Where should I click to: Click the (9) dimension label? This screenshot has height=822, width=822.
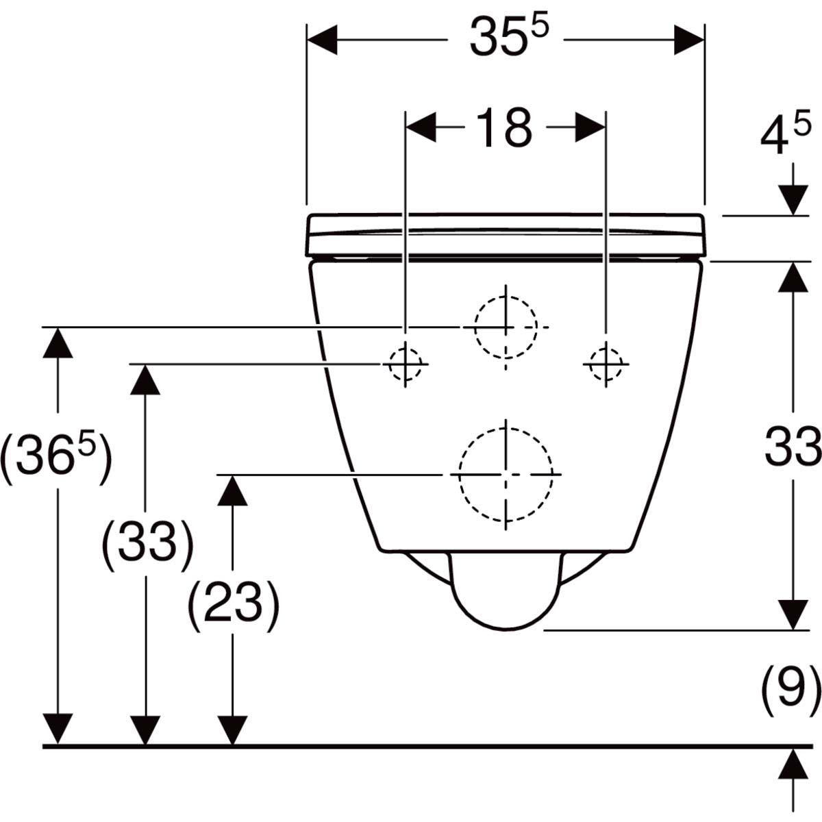(791, 690)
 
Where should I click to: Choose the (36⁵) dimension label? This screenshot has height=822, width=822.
(56, 458)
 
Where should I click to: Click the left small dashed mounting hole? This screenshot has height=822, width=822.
(406, 364)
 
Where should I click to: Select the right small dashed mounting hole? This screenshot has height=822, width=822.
(606, 364)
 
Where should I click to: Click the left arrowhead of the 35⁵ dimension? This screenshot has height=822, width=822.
(322, 40)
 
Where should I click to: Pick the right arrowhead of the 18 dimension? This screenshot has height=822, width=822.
(590, 127)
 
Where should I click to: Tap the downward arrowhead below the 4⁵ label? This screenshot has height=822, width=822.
(793, 200)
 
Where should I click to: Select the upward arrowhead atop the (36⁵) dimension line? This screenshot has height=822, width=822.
(58, 342)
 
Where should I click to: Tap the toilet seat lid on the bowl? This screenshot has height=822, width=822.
(506, 236)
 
